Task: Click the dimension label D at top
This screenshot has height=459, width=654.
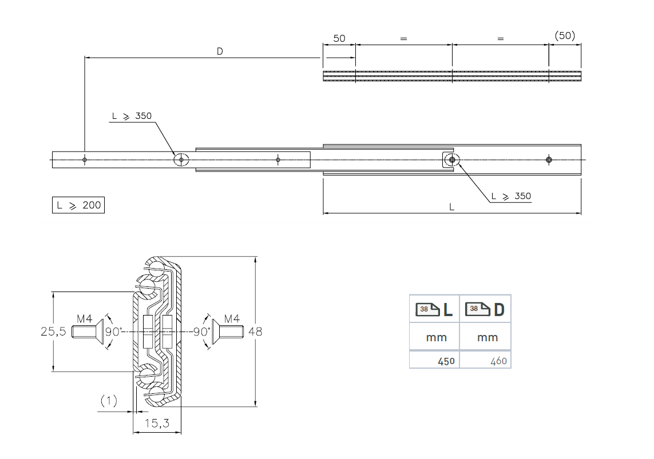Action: (220, 51)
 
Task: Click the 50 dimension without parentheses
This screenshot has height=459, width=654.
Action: (339, 38)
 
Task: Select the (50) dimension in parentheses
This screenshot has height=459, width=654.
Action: (565, 35)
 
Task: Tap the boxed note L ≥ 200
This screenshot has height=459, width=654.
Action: (78, 205)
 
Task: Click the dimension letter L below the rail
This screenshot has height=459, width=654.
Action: (451, 207)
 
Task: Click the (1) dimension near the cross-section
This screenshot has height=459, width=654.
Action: (109, 401)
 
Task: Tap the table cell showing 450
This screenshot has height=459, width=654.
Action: (446, 361)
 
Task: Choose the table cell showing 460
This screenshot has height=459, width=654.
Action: (497, 361)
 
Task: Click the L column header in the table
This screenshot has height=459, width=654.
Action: (434, 309)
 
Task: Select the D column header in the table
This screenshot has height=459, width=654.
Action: (486, 309)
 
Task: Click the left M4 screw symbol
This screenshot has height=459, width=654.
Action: (88, 332)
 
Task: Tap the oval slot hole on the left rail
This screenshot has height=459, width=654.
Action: (181, 159)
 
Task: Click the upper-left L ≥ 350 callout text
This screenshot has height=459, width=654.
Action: (132, 116)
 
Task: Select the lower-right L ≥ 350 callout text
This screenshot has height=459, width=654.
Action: (511, 196)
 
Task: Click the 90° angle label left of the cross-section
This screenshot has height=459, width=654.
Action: (113, 332)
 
